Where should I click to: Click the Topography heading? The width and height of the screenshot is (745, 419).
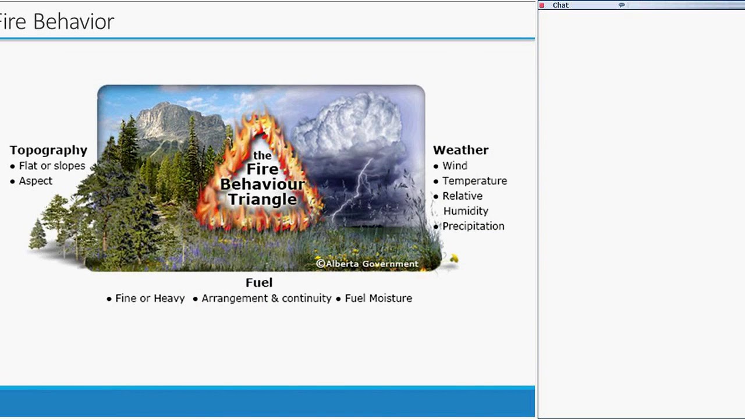[x=48, y=150]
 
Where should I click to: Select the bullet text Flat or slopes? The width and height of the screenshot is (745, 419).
[x=52, y=166]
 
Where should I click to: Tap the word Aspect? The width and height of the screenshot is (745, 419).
[x=36, y=181]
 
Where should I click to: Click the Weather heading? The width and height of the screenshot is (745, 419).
[x=460, y=150]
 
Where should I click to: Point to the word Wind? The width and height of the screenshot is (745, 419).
[x=455, y=166]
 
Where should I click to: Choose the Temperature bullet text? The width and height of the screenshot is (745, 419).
[x=474, y=181]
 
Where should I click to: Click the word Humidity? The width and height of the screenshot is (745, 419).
[x=466, y=211]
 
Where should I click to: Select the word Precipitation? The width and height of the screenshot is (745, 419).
[x=473, y=226]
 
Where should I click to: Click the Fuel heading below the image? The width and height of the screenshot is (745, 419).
[x=259, y=283]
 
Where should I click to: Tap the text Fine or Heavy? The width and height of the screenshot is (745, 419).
[x=150, y=299]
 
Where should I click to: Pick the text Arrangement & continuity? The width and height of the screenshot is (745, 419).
[x=266, y=299]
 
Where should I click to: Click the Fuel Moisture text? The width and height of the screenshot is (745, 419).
[x=378, y=299]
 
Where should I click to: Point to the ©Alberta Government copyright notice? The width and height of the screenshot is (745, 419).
[x=367, y=264]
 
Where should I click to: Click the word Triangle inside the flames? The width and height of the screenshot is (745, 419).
[x=262, y=199]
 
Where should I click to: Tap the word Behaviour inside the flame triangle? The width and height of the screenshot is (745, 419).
[x=262, y=184]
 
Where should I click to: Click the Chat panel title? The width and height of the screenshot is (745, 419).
[x=560, y=5]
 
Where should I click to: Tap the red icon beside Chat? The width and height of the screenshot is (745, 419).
[x=542, y=5]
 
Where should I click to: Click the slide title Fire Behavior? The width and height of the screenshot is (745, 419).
[x=57, y=22]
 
